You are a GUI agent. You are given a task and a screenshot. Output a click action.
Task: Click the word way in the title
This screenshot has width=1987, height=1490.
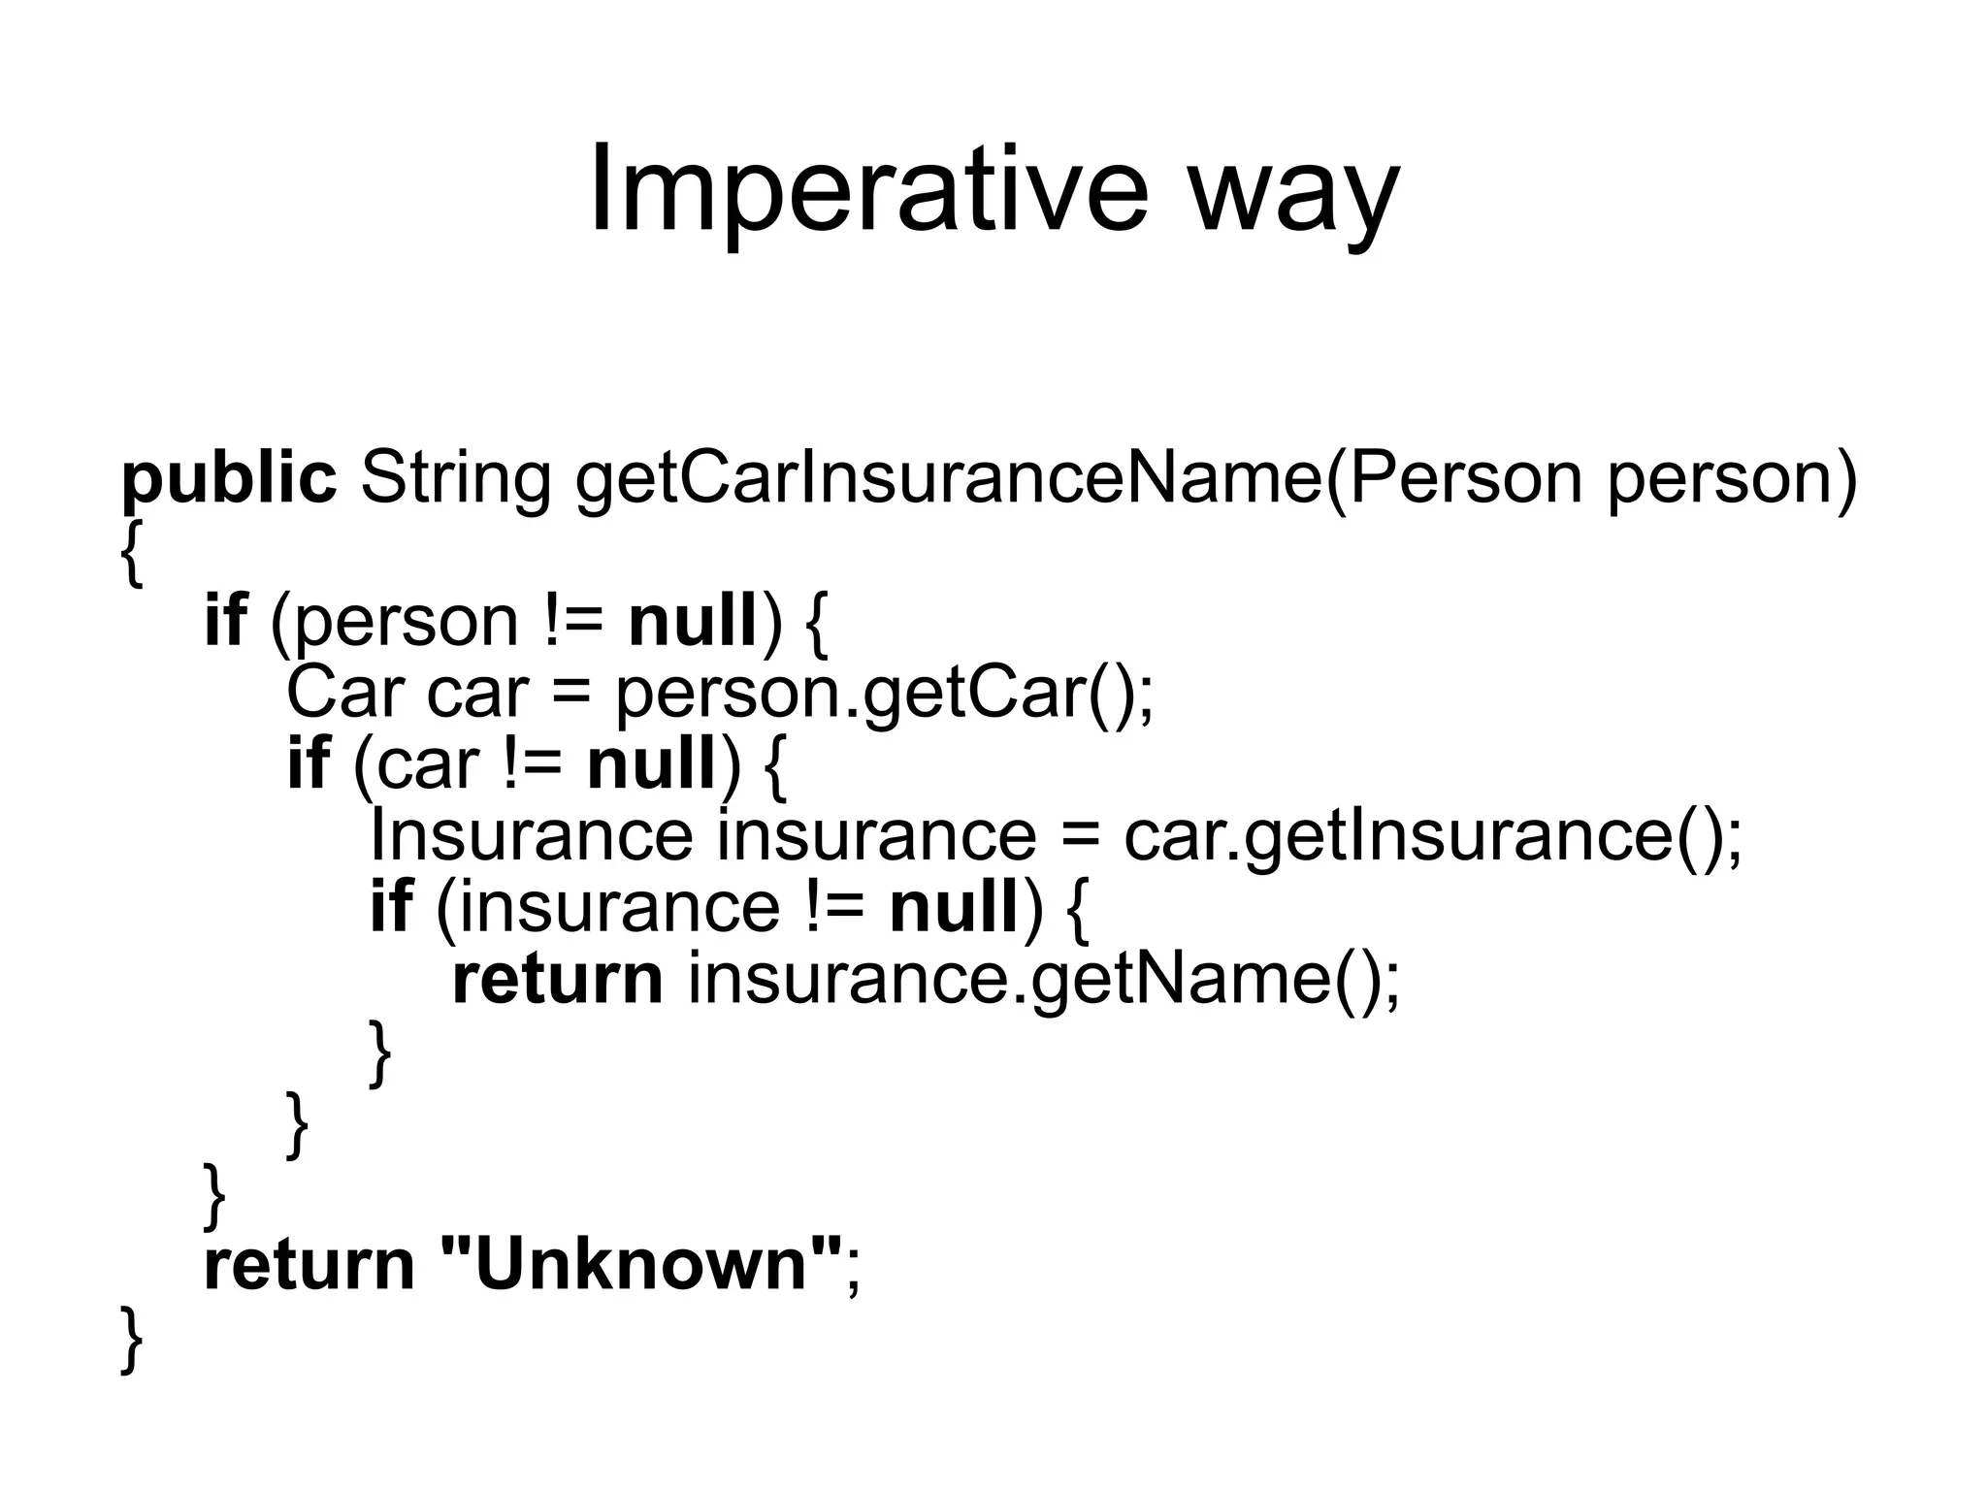point(1294,194)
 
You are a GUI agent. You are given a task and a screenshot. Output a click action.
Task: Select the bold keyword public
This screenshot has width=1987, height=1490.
point(229,479)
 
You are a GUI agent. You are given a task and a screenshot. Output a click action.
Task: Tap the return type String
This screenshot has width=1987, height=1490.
point(456,479)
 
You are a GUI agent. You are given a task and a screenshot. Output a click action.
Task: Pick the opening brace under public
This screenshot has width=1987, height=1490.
point(132,551)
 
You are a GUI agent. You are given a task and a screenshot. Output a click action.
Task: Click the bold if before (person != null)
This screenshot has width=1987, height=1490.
point(225,621)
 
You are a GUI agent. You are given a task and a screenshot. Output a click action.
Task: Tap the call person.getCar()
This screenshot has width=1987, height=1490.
point(884,695)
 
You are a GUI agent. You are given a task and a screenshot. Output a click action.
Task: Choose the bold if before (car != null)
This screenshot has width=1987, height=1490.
point(309,763)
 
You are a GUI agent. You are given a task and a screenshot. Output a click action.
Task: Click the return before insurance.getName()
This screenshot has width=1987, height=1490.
point(558,979)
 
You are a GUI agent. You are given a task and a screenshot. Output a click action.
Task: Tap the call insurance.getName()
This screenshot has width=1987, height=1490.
point(1044,980)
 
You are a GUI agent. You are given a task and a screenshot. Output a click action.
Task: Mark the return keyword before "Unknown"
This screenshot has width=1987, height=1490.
point(309,1265)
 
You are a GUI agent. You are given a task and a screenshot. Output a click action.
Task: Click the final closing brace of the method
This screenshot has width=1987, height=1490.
point(132,1340)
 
